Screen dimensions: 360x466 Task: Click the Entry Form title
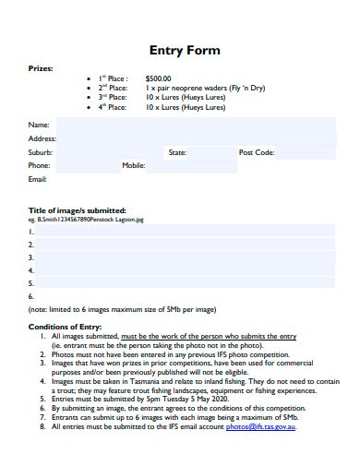click(185, 50)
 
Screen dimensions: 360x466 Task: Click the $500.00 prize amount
click(159, 79)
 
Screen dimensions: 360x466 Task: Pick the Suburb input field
click(106, 152)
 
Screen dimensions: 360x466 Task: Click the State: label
click(177, 152)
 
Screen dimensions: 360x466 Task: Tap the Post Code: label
click(257, 152)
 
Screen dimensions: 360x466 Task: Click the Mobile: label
click(134, 166)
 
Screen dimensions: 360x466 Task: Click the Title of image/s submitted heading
click(78, 210)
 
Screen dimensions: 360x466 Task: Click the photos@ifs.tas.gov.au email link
click(273, 427)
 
